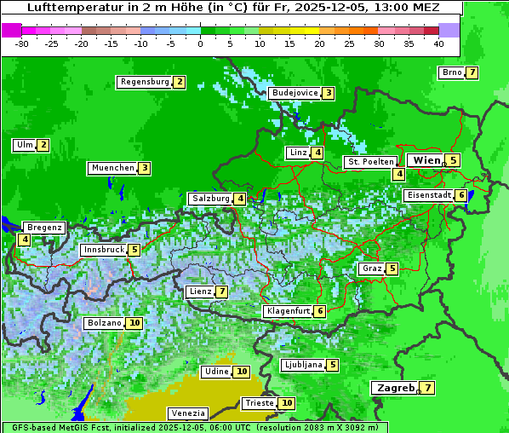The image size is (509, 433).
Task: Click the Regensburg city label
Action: [144, 82]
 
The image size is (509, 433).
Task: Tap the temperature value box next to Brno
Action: [472, 72]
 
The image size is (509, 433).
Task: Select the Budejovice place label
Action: [295, 93]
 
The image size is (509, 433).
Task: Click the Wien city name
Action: [426, 160]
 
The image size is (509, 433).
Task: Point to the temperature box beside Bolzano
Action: [134, 323]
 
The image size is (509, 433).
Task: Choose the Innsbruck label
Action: [103, 250]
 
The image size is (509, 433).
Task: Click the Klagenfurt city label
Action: [288, 311]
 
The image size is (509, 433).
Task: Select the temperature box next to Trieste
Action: [287, 403]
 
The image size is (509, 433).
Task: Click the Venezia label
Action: [187, 413]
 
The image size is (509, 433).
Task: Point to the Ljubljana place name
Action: [302, 365]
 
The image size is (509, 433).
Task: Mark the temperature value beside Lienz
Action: [221, 292]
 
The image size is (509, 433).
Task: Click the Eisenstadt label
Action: [428, 195]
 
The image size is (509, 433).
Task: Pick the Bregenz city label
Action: [44, 228]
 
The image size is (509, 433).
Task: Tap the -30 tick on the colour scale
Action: [22, 43]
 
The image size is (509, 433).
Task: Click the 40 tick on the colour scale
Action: [438, 43]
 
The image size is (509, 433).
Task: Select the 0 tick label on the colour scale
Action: [200, 43]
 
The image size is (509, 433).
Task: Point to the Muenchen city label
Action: [112, 168]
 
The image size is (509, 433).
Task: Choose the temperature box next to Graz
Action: [392, 268]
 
